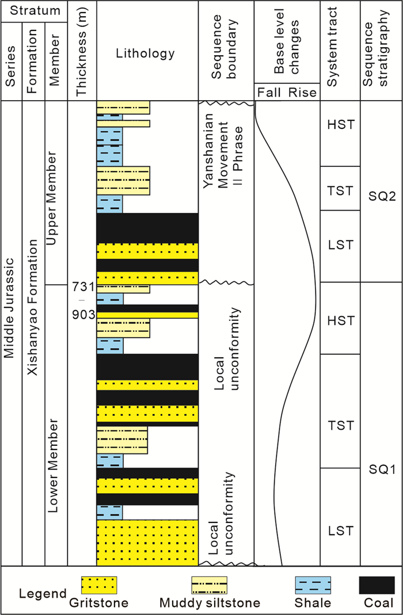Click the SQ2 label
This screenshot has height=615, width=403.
381,196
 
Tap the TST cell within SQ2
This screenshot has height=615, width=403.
340,190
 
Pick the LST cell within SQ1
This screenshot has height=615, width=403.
340,530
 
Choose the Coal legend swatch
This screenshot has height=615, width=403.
377,586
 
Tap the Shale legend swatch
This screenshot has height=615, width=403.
313,586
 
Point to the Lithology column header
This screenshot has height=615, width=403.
147,54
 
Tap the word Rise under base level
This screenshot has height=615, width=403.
305,92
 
